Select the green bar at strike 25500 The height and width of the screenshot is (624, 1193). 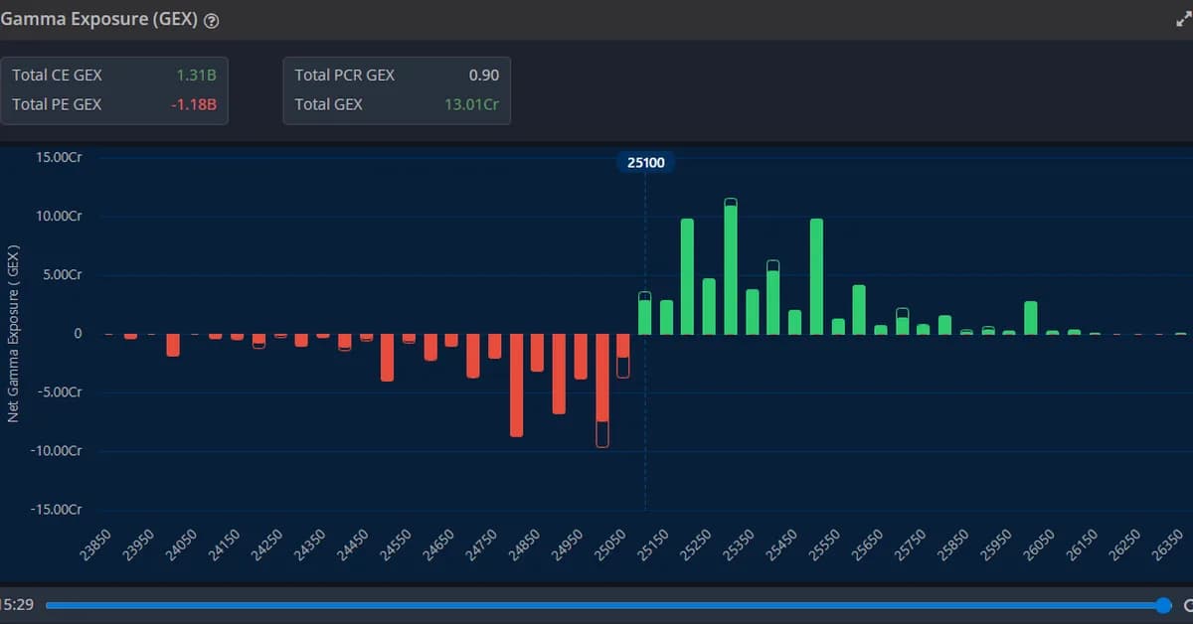pos(816,277)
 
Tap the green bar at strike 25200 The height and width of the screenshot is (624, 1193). pos(687,277)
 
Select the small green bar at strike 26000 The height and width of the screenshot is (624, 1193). pos(1031,318)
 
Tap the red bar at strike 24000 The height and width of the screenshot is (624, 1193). pos(173,345)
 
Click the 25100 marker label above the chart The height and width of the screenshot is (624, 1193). pos(646,162)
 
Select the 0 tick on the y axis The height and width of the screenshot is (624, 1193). pos(77,334)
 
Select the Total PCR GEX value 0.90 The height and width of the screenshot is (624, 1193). pos(484,75)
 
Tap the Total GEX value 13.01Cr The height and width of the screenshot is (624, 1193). pos(472,104)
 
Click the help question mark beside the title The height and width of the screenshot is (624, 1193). pos(211,21)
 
